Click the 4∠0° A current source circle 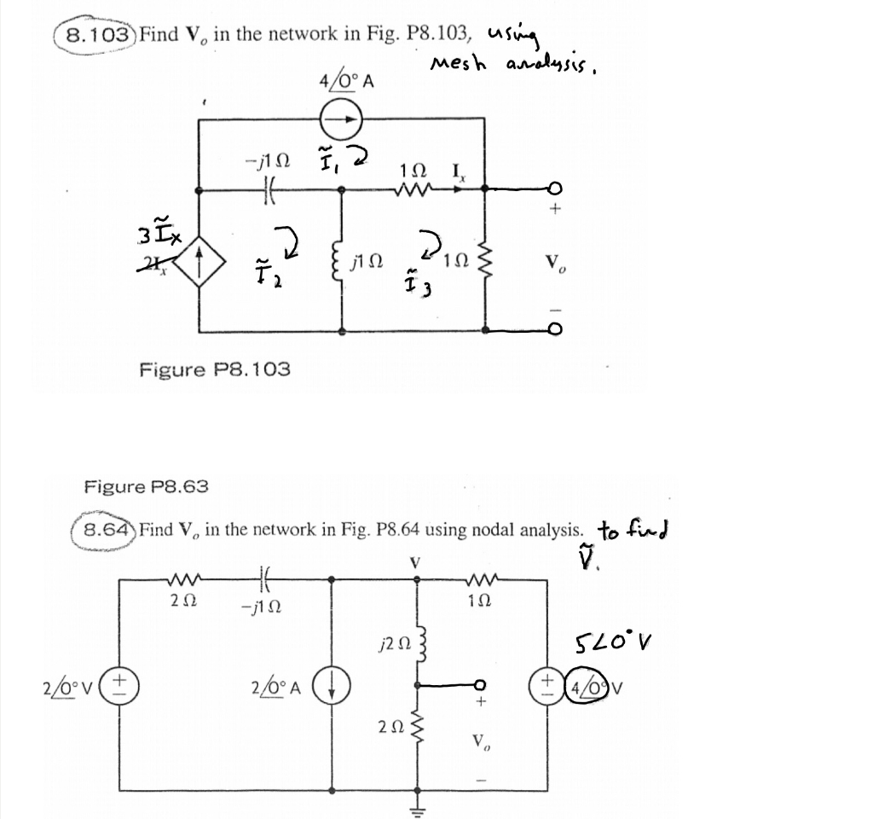pyautogui.click(x=341, y=120)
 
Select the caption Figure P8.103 pyautogui.click(x=214, y=369)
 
